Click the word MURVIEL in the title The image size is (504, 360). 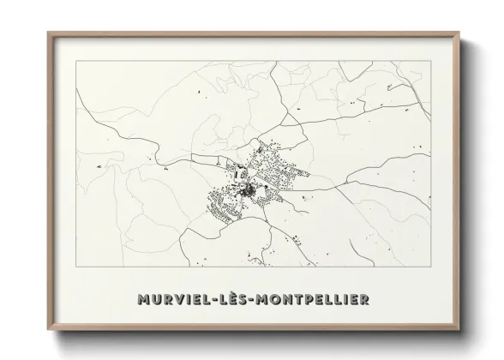coord(173,299)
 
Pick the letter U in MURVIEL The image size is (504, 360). coord(156,299)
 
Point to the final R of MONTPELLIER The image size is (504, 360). coord(365,299)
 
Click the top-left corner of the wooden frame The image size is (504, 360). coord(48,33)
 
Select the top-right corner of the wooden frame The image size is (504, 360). coord(461,33)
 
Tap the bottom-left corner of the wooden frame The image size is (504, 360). coord(48,330)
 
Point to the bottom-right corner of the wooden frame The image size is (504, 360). coord(461,330)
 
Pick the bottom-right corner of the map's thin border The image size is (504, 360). coord(431,267)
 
